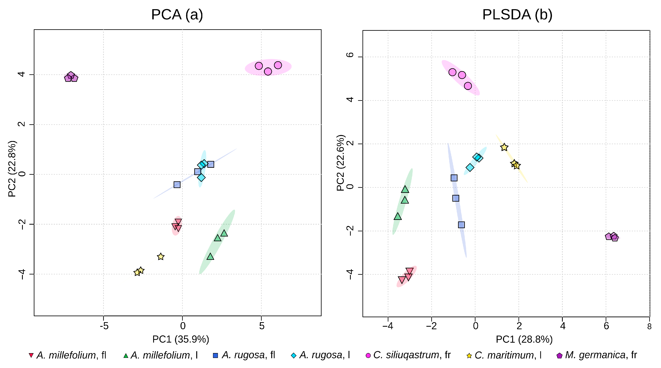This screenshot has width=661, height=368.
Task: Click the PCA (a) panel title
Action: (x=177, y=15)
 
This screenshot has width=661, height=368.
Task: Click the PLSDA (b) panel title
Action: (x=517, y=15)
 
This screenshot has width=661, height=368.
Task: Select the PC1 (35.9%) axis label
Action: (x=181, y=339)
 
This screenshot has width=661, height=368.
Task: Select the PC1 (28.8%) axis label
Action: (x=524, y=339)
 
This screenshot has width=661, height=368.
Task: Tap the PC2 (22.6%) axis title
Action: (x=341, y=163)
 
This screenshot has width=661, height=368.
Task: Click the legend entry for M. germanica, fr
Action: (x=597, y=355)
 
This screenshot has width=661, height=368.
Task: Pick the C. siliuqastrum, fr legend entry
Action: (x=408, y=355)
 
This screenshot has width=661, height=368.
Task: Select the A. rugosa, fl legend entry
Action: (x=244, y=355)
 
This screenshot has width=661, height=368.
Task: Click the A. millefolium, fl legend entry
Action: (x=68, y=355)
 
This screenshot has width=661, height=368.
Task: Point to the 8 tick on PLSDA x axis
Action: (x=649, y=326)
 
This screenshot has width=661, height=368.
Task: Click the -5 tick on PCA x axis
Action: (x=104, y=326)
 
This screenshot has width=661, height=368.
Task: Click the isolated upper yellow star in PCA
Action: (x=161, y=256)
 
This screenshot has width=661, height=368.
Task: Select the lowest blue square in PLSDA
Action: (x=461, y=225)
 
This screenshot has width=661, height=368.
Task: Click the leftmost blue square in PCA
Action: (x=177, y=185)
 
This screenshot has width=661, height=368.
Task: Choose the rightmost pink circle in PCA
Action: (x=278, y=65)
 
